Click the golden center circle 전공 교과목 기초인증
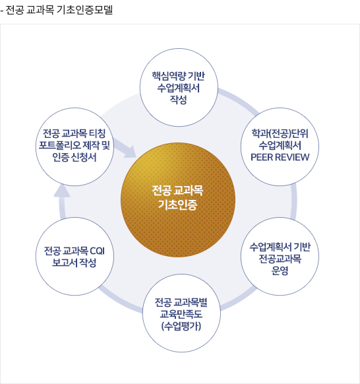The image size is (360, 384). [178, 200]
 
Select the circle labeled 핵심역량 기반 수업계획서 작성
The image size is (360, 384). [179, 88]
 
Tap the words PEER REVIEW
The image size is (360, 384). [280, 157]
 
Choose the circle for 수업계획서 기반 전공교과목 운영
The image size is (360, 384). [280, 256]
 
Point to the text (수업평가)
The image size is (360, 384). [181, 326]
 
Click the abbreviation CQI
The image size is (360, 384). [98, 251]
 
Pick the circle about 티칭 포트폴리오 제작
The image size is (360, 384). [75, 146]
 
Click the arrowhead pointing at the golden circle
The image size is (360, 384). [130, 152]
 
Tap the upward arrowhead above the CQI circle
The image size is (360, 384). [62, 191]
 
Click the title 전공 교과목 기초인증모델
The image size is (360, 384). [59, 10]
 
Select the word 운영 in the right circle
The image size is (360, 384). [280, 271]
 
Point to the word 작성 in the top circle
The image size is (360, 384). [179, 100]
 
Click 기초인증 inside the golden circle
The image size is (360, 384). [177, 205]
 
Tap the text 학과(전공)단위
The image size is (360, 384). [280, 133]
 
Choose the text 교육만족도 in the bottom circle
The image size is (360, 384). [181, 314]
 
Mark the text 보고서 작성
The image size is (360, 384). [74, 263]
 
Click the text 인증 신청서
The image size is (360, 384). [75, 157]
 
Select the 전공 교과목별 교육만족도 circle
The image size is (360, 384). [181, 313]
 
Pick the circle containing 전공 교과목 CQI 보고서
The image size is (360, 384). [75, 256]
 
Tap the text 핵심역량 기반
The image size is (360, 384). [179, 76]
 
